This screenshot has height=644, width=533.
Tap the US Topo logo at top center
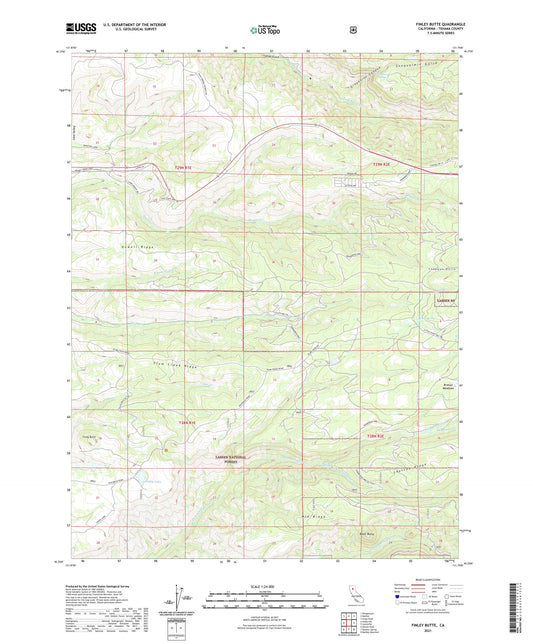265,30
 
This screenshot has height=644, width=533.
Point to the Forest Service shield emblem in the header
352,29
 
